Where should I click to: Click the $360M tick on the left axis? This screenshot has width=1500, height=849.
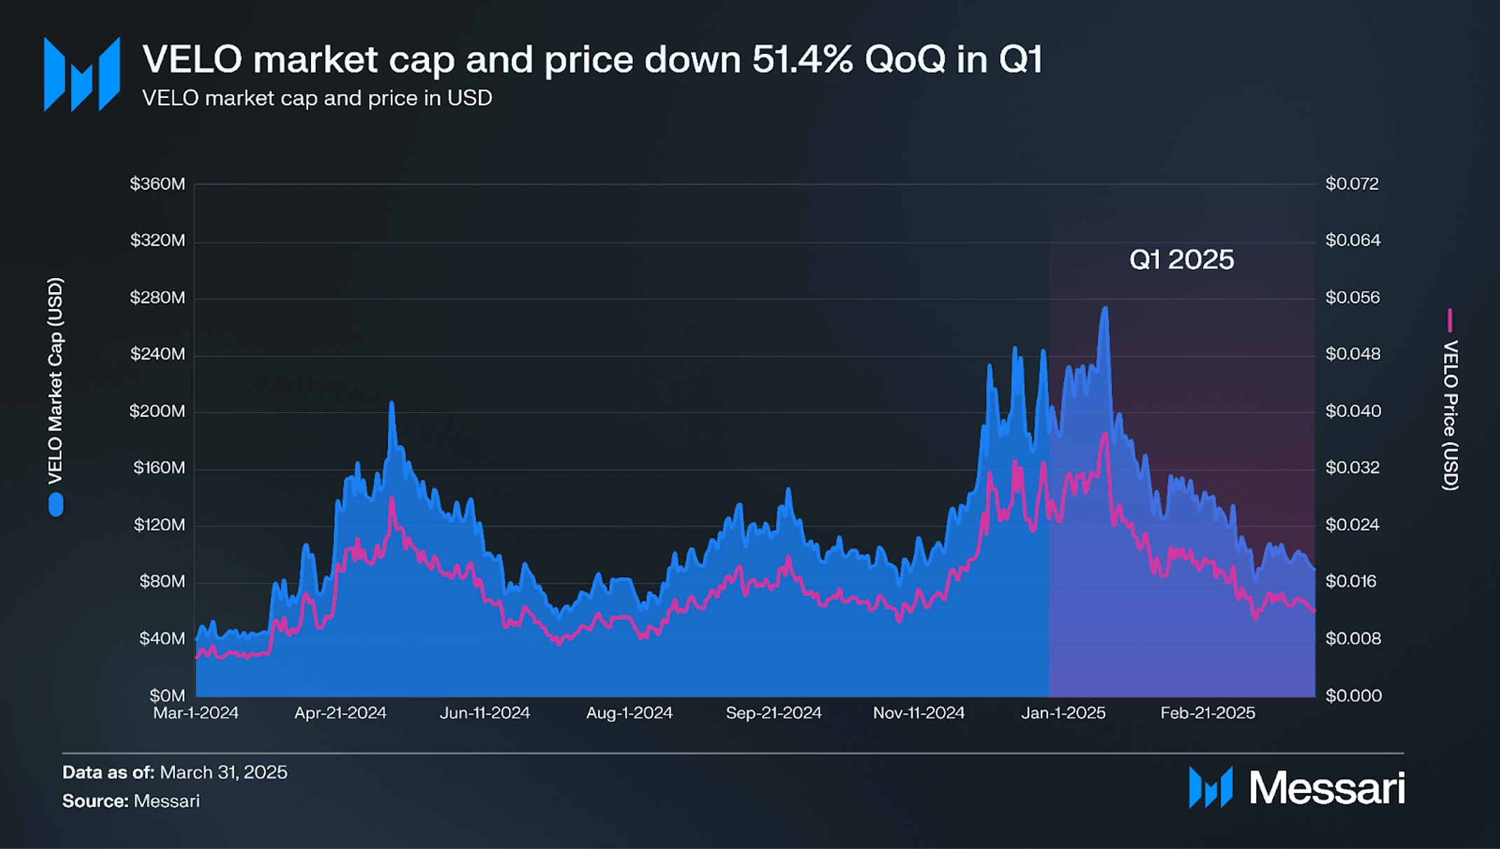point(158,184)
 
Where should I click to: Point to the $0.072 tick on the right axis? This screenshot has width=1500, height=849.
point(1352,184)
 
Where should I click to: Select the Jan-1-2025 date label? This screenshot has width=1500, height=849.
point(1063,713)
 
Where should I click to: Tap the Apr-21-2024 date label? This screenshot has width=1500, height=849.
point(340,713)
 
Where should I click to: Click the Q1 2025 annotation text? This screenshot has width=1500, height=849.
point(1181,260)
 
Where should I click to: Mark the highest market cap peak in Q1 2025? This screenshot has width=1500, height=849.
point(1105,308)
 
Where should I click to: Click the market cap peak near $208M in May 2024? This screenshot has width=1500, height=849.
point(391,403)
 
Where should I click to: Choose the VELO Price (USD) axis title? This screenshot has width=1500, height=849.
point(1450,415)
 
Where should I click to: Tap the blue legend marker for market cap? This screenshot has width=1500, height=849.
point(56,505)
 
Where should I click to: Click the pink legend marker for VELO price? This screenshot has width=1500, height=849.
point(1450,320)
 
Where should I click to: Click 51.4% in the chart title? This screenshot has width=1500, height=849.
point(803,59)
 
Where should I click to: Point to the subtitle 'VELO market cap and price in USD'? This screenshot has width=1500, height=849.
point(317,98)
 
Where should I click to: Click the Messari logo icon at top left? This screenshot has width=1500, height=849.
point(82,74)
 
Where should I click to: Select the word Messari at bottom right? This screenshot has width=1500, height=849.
point(1326,788)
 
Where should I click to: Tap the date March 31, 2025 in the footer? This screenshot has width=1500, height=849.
point(223,772)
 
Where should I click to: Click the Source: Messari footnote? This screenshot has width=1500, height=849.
point(131,801)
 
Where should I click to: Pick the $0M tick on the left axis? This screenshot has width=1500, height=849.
point(167,696)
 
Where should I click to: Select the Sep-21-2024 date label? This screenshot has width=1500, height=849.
point(773,713)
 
